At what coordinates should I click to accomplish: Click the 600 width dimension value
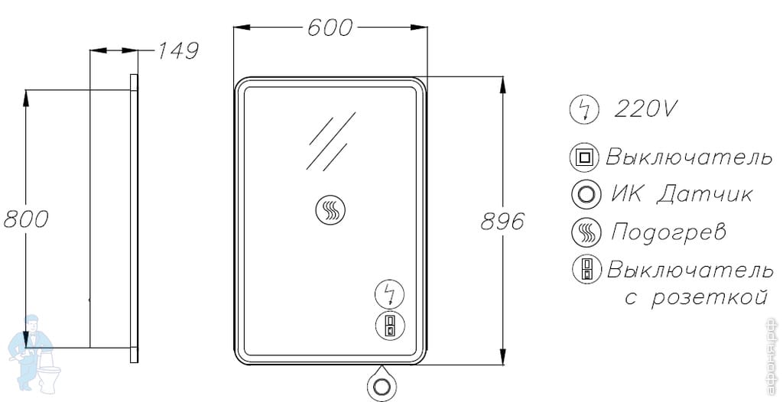tap(330, 28)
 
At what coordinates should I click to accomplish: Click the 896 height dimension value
tap(503, 221)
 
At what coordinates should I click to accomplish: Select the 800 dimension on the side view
tap(26, 219)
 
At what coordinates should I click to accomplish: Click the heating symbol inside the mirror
tap(330, 209)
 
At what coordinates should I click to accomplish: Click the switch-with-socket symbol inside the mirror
tap(390, 326)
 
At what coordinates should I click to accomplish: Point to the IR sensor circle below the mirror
tap(382, 385)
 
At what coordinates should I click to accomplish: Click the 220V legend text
tap(646, 109)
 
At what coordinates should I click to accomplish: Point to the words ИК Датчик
tap(682, 194)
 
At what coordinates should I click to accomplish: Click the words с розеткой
tap(696, 298)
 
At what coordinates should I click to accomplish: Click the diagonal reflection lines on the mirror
tap(331, 141)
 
